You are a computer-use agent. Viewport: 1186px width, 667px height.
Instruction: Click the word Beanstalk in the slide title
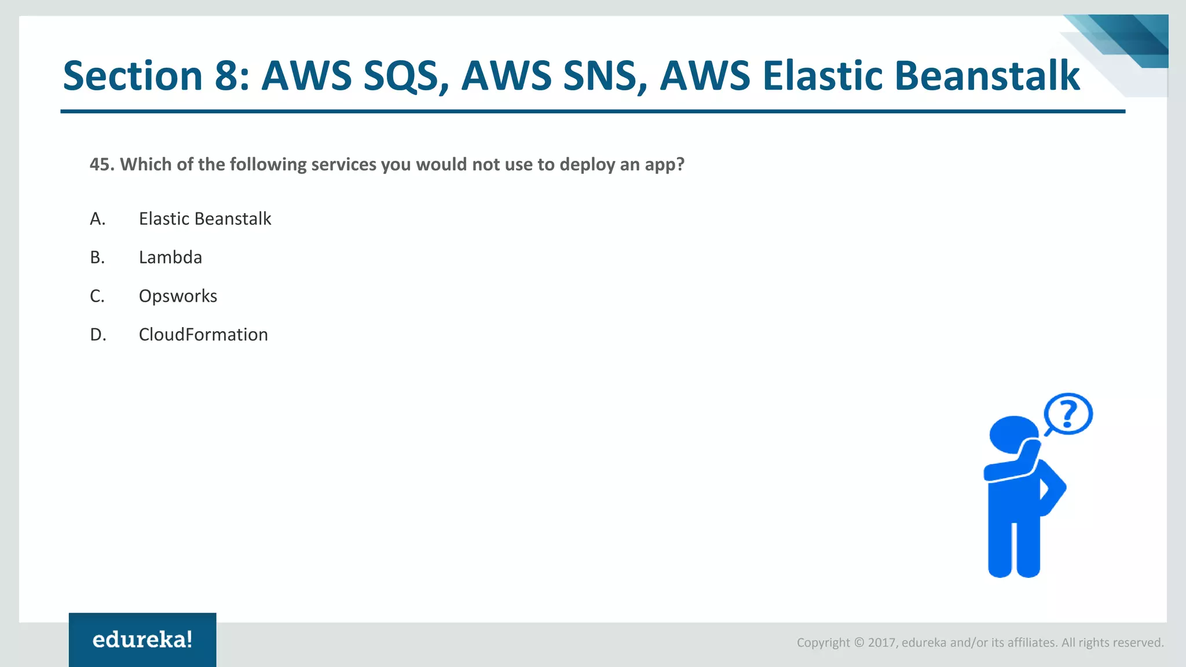point(987,76)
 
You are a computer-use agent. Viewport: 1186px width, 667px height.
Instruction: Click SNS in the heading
point(605,76)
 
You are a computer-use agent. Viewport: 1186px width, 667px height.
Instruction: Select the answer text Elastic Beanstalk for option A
point(205,219)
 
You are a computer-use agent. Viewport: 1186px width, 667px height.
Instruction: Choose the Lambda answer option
point(170,257)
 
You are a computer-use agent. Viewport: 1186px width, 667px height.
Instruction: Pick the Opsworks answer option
point(178,296)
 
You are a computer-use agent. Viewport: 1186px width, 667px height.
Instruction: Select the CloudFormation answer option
point(203,335)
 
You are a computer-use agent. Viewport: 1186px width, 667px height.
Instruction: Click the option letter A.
point(97,219)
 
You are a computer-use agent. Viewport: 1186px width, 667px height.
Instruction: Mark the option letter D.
point(98,335)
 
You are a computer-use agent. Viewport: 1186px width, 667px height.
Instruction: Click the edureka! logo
point(142,640)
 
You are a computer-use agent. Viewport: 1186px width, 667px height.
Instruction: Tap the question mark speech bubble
point(1068,413)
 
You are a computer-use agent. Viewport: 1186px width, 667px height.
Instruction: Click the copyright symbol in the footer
point(859,643)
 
